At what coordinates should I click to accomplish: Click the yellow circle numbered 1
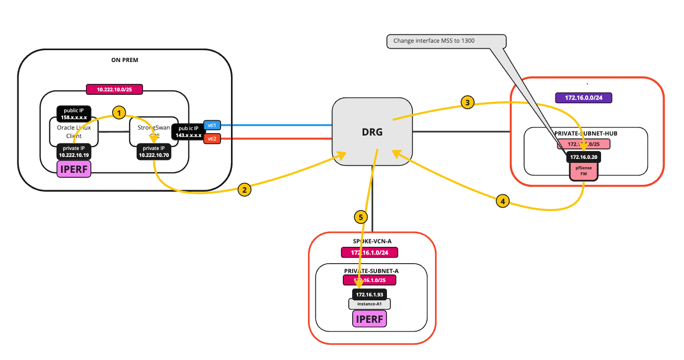coord(118,113)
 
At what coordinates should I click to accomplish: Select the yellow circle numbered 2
coord(243,189)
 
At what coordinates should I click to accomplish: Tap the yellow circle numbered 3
coord(467,103)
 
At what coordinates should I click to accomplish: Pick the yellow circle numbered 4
coord(503,201)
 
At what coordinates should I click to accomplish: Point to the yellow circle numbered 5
coord(361,216)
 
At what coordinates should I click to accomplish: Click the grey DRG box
coord(372,131)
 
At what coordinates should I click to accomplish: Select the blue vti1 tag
coord(212,126)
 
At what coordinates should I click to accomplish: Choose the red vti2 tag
coord(212,139)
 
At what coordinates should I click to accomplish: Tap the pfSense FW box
coord(583,171)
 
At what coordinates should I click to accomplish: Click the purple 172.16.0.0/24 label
coord(583,98)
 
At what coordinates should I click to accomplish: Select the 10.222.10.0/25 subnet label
coord(115,89)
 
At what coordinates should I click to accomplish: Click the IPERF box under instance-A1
coord(369,318)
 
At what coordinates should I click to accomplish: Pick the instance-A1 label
coord(370,304)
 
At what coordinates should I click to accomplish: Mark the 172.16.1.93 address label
coord(369,294)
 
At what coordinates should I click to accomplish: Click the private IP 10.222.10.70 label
coord(154,151)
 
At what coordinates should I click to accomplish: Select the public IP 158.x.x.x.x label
coord(74,114)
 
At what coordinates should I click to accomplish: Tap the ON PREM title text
coord(125,60)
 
